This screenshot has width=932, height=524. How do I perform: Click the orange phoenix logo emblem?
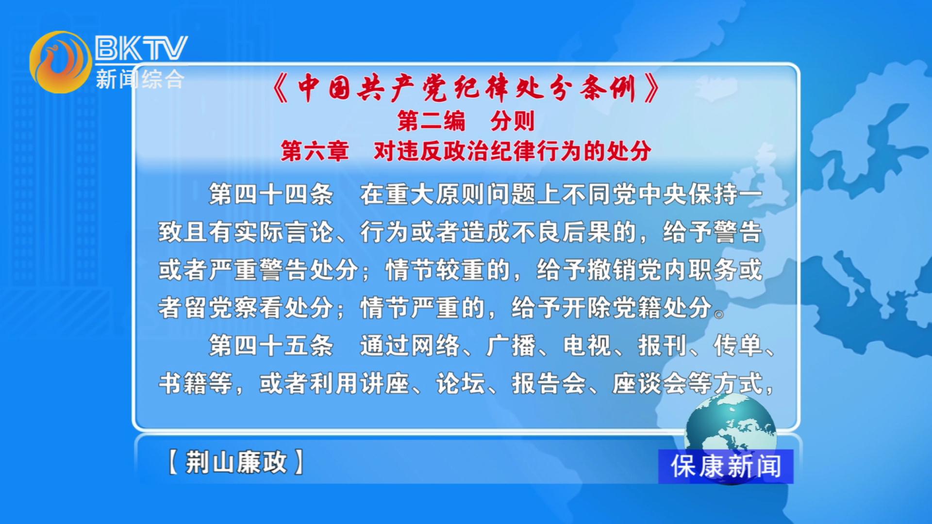pos(60,62)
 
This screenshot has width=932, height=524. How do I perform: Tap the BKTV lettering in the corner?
pos(141,48)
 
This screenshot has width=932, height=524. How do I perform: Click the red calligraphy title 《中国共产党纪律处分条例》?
pos(466,88)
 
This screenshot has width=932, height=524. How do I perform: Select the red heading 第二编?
pos(431,121)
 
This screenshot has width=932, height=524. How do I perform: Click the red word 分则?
pos(513,121)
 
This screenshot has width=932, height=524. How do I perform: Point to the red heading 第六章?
pos(315,151)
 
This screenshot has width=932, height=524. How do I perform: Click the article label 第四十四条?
pos(271,195)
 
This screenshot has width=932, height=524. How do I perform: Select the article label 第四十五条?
pos(271,346)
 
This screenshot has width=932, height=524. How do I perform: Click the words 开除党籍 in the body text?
pos(612,308)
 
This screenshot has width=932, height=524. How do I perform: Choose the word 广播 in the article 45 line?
pos(511,346)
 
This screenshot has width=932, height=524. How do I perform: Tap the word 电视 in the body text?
pos(587,346)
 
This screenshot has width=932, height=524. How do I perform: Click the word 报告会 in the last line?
pos(549,383)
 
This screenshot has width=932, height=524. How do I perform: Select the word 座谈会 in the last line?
pos(650,383)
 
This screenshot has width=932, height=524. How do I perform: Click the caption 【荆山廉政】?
pos(236,462)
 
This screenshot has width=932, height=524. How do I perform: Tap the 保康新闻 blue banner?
pos(726,466)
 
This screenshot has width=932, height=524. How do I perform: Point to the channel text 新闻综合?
pos(140,79)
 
